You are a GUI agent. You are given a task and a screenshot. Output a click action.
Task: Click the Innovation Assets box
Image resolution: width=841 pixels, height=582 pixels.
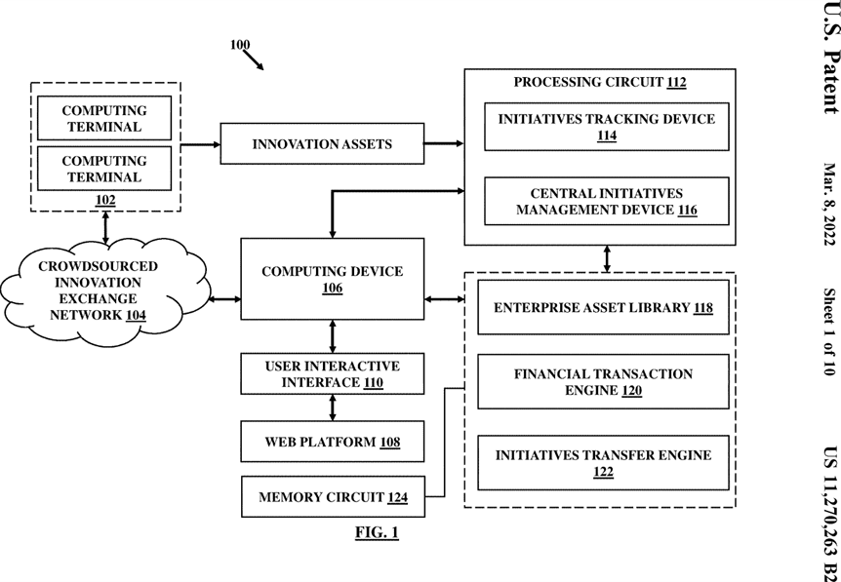coord(322,143)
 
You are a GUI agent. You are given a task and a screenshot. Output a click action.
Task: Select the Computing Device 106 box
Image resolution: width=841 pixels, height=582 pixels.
coord(333,279)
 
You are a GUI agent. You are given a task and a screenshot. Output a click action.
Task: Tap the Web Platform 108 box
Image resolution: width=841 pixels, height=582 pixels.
coord(333,442)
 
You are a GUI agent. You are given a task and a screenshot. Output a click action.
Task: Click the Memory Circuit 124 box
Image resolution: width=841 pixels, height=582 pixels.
coord(333,497)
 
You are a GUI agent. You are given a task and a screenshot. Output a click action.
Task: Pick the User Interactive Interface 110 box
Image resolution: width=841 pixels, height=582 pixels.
coord(333,373)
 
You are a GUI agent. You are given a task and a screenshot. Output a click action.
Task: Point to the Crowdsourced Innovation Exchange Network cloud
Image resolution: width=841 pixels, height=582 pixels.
coord(104,292)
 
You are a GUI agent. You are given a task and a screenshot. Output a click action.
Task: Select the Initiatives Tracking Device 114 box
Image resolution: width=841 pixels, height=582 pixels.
coord(607,127)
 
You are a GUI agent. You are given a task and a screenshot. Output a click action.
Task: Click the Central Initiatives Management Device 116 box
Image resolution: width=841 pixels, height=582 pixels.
coord(607,201)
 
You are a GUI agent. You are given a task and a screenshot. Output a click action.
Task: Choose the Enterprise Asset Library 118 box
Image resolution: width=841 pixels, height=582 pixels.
coord(603,307)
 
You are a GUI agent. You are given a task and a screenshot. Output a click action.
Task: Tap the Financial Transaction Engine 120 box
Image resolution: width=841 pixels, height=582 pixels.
coord(603,381)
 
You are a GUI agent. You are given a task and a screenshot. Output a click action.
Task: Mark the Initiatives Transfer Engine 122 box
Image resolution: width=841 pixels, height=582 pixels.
coord(603,462)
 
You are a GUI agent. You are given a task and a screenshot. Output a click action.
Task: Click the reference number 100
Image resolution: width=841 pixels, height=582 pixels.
coord(240,45)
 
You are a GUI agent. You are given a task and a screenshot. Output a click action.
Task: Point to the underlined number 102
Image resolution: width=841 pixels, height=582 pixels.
coord(105,200)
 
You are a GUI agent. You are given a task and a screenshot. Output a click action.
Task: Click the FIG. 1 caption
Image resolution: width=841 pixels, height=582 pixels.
coord(377,532)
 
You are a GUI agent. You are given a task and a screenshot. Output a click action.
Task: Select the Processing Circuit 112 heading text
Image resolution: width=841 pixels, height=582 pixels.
coord(600,82)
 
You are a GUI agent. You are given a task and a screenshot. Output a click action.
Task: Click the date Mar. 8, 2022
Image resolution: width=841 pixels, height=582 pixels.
coord(829,204)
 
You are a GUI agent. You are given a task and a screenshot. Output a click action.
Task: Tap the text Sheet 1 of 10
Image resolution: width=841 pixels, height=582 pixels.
coord(829,332)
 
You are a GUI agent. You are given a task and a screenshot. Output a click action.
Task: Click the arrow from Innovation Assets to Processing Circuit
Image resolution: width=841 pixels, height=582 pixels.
coord(444,143)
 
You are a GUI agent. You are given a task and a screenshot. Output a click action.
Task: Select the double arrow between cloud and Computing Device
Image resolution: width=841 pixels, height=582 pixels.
coord(224,299)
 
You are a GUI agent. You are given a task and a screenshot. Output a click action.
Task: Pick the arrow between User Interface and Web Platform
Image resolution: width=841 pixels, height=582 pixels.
coord(333,407)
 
